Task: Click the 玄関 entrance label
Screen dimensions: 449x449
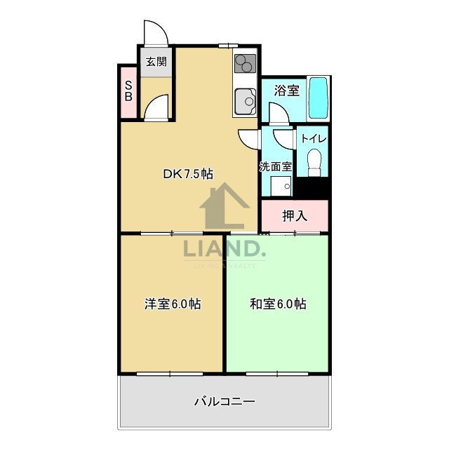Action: [x=156, y=62]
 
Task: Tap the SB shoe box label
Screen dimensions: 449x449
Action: [x=128, y=91]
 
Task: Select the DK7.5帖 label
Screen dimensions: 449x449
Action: [x=188, y=174]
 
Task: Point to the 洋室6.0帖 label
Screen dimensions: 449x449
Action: [x=173, y=304]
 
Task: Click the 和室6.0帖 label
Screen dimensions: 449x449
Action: [x=278, y=304]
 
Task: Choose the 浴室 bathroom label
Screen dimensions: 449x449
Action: [x=286, y=91]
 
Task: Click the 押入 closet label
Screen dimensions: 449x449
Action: [x=295, y=215]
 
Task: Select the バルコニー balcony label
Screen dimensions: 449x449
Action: [x=224, y=402]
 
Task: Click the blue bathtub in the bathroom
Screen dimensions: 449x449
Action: [x=319, y=98]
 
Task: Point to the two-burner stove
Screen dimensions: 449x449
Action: [x=244, y=64]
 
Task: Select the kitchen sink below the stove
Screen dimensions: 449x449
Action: [x=245, y=102]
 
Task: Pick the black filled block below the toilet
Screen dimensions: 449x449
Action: [x=313, y=187]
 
